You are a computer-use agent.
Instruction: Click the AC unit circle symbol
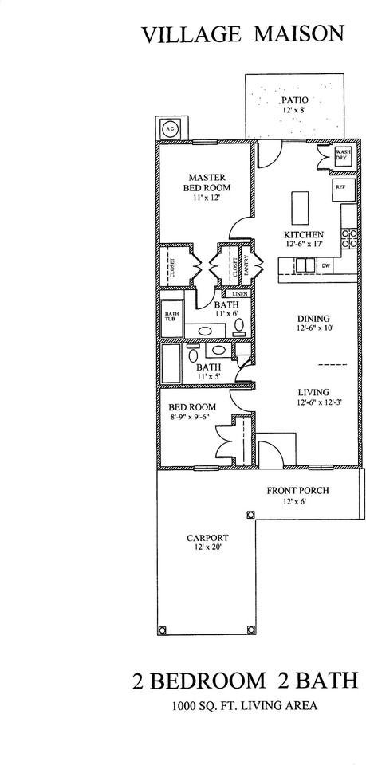click(169, 128)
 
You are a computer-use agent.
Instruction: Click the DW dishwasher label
click(325, 266)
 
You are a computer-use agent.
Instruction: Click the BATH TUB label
click(171, 316)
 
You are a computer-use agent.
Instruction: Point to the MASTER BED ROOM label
click(207, 182)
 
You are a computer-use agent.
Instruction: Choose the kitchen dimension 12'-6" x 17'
click(305, 243)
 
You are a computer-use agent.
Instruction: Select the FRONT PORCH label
click(297, 490)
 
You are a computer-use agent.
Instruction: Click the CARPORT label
click(207, 538)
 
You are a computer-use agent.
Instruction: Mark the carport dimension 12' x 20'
click(207, 547)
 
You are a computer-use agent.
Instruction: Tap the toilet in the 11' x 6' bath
click(239, 326)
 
